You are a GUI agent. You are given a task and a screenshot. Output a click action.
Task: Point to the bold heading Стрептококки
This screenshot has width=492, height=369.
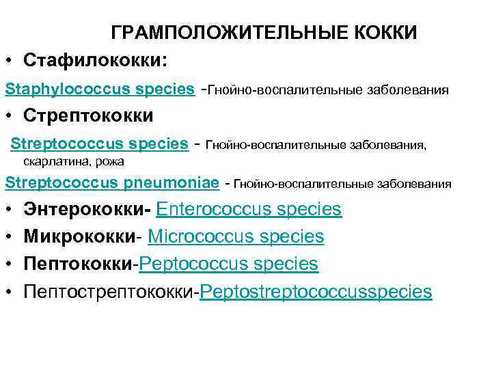click(x=88, y=115)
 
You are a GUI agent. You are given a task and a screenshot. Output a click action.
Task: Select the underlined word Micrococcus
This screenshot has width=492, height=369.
click(x=204, y=236)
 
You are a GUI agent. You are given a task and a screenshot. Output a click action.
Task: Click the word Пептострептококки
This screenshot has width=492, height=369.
click(x=109, y=292)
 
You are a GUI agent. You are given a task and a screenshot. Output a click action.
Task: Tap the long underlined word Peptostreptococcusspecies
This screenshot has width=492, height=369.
click(x=316, y=292)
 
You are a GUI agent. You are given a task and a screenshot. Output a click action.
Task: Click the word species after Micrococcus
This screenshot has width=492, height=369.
click(x=293, y=236)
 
